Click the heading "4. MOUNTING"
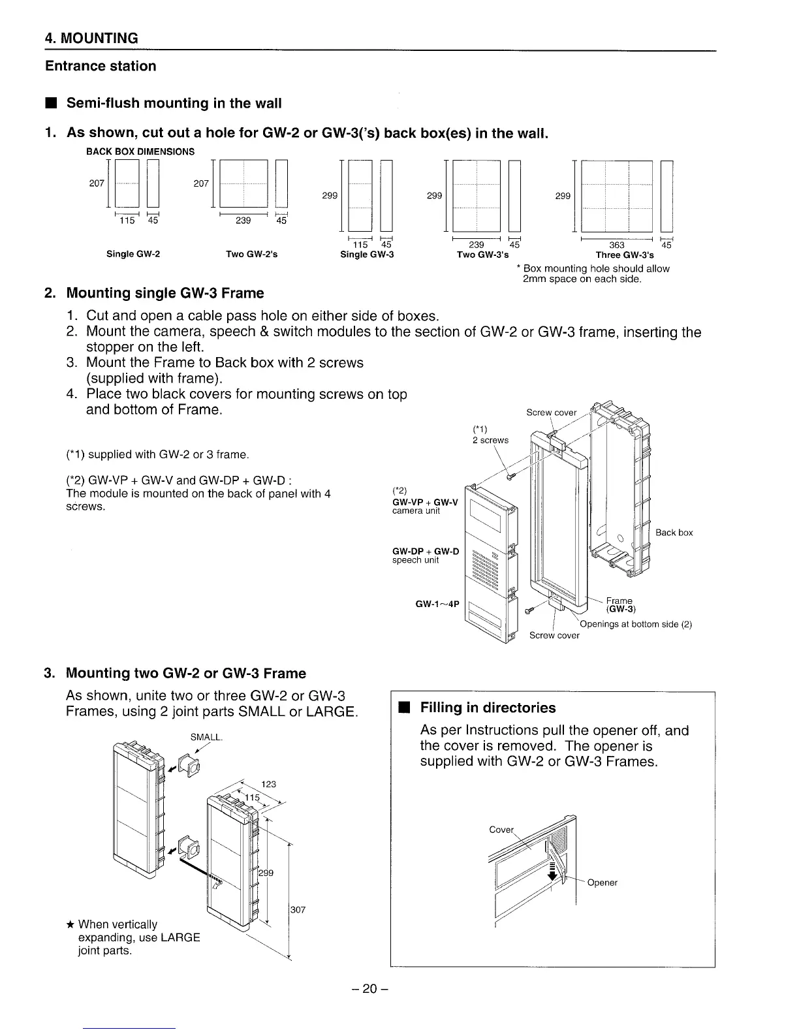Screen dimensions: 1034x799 [x=91, y=38]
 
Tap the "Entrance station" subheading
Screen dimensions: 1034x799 [x=101, y=66]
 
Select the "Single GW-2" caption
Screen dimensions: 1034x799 [x=133, y=254]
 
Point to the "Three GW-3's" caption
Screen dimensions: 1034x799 [x=624, y=255]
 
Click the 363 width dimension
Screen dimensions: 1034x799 [x=616, y=245]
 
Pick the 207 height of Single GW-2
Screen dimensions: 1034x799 [x=97, y=183]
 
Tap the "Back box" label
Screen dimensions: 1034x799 [x=674, y=533]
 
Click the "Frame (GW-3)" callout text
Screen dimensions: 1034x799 [x=619, y=605]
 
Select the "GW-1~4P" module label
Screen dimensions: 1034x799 [x=438, y=604]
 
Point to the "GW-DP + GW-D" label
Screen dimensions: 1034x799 [x=426, y=552]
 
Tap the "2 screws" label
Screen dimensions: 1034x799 [x=490, y=440]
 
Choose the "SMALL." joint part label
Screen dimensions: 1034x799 [x=207, y=737]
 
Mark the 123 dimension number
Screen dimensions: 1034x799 [x=269, y=784]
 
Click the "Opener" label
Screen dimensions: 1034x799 [x=602, y=883]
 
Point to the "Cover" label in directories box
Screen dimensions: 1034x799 [x=501, y=830]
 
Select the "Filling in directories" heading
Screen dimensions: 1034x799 [x=488, y=708]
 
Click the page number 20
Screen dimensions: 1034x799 [x=370, y=989]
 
